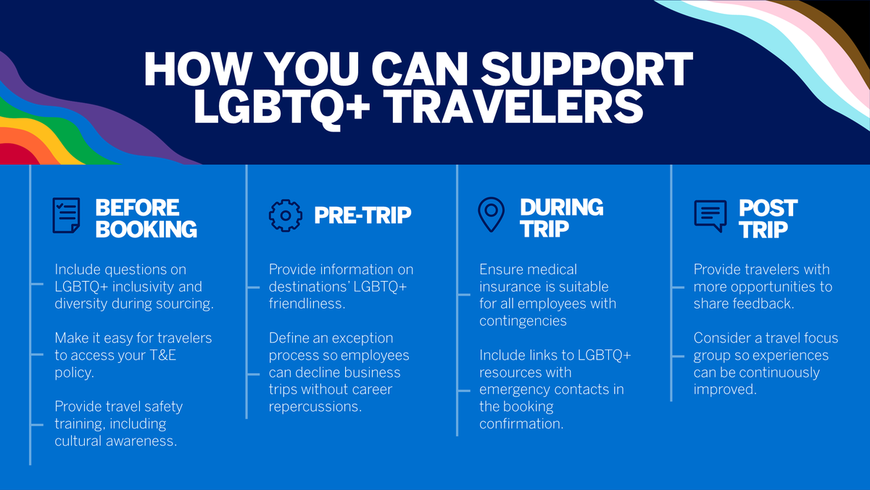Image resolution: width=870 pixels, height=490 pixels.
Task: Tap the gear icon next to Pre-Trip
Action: [285, 215]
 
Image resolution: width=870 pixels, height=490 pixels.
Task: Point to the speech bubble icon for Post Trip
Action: [710, 216]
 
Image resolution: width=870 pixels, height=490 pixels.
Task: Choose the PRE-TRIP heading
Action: [362, 215]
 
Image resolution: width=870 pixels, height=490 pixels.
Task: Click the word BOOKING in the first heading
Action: [146, 229]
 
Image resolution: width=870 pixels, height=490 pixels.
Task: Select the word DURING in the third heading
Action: [561, 207]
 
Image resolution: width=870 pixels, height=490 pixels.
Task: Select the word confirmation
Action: [521, 424]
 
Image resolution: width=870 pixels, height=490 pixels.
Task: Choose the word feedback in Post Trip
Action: [762, 304]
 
